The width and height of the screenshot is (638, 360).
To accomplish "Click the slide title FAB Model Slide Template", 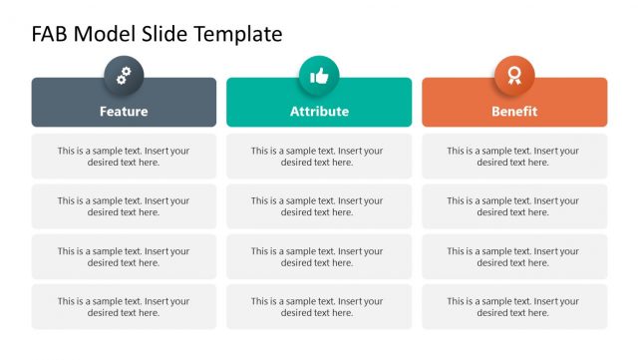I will (x=157, y=34).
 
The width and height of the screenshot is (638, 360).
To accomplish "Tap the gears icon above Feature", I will (x=124, y=75).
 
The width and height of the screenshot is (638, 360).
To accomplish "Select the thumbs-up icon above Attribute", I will (x=319, y=75).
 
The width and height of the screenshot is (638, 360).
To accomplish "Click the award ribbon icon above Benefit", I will (x=514, y=75).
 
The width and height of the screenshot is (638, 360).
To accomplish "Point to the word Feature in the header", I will (x=124, y=112).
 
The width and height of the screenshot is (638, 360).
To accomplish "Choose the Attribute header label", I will (x=319, y=112).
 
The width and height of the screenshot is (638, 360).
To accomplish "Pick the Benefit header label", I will (x=514, y=112).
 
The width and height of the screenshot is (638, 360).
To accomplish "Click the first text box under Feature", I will (x=124, y=157).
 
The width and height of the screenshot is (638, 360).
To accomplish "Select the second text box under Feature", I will (x=124, y=206).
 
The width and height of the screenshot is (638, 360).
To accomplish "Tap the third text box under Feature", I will (x=124, y=256).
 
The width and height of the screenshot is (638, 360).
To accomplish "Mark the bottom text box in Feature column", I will (x=124, y=307).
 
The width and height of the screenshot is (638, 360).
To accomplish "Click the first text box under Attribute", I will (x=319, y=157).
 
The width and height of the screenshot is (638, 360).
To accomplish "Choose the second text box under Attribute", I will (x=319, y=206).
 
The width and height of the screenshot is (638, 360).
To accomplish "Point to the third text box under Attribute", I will (x=319, y=256).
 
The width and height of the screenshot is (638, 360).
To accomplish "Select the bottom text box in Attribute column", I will (x=319, y=307).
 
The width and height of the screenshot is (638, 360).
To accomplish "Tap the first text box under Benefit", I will (x=514, y=157).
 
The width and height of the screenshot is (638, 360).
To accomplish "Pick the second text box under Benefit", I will (x=514, y=206).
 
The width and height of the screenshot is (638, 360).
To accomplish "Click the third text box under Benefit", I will (x=514, y=256).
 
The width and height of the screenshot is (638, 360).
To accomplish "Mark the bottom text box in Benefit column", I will (x=514, y=307).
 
